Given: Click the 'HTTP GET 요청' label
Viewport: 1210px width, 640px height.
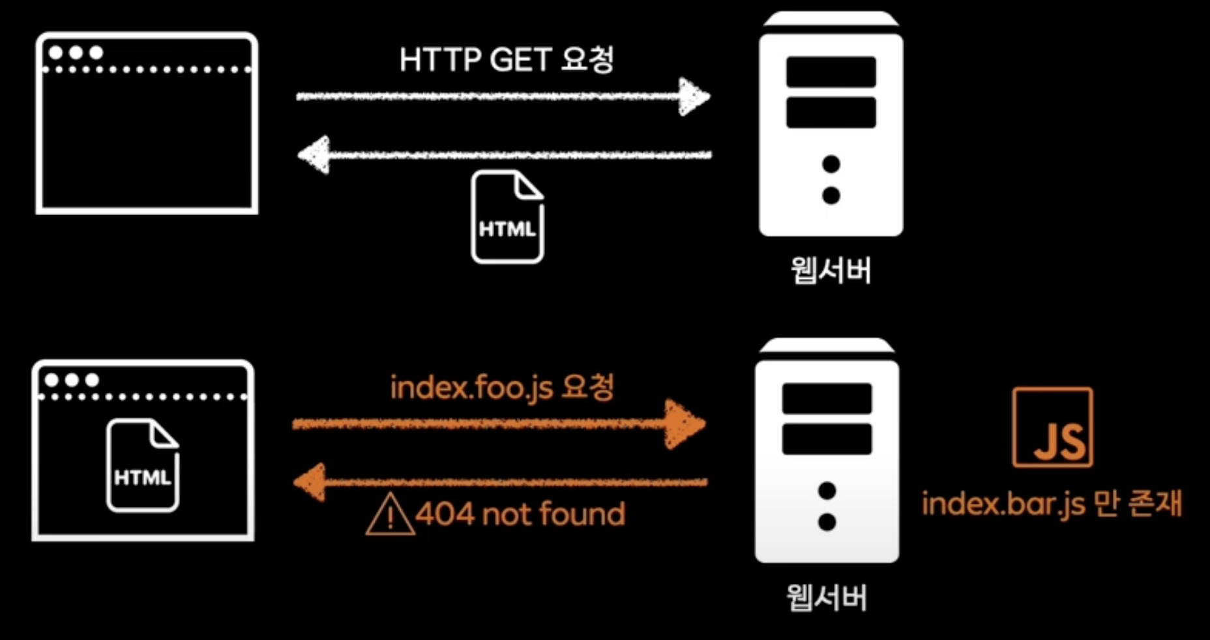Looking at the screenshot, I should coord(506,60).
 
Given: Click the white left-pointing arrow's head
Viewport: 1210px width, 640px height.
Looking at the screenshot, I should coord(315,155).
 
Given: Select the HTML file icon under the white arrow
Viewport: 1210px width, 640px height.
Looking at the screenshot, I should coord(507,217).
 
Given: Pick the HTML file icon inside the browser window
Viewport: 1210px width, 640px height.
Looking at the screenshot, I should coord(143,465).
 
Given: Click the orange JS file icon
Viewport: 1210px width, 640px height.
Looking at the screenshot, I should coord(1052,428).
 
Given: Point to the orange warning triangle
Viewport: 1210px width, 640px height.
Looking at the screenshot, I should coord(390,515).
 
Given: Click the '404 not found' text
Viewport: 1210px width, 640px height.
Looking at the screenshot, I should coord(520,514).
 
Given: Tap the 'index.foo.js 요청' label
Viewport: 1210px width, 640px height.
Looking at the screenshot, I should coord(501,388).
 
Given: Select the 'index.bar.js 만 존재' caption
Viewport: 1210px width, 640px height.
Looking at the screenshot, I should coord(1051,504).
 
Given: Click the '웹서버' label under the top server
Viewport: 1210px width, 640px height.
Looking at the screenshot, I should coord(831,270).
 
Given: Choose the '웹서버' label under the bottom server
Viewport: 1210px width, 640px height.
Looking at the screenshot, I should coord(827,597).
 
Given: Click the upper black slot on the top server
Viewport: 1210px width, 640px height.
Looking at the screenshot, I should coord(831,72).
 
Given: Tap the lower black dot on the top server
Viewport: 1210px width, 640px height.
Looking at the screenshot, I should coord(831,195).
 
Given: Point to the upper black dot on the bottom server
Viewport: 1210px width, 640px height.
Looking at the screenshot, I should coord(827,491).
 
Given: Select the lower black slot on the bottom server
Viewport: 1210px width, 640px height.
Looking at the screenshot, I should coord(827,439).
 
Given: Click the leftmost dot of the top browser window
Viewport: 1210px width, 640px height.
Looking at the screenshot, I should coord(56,52).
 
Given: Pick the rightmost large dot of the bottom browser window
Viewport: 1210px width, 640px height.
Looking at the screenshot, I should coord(92,379).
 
